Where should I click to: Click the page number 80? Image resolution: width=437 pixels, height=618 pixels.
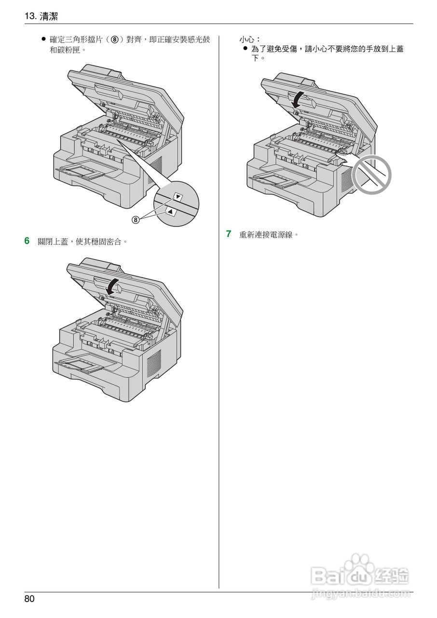point(29,599)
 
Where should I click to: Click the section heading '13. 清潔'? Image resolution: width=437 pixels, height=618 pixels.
point(41,16)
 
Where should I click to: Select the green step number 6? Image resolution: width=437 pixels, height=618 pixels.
point(27,240)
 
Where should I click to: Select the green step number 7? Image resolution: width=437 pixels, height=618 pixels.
point(229,234)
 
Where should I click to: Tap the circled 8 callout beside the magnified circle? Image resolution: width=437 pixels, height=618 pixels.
point(136,220)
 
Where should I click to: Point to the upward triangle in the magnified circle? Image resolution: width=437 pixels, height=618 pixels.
point(170,211)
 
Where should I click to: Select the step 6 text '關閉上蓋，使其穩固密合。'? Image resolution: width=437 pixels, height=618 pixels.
point(82,241)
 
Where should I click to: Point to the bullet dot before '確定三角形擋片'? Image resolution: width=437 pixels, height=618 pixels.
point(43,39)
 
